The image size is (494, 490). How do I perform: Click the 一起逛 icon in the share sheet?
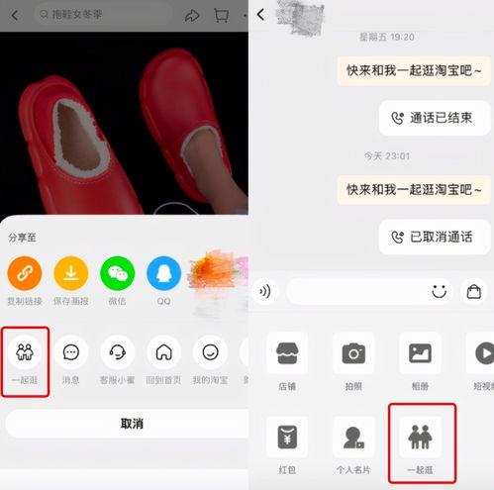coord(24,352)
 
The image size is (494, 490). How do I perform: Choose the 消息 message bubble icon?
coord(71,352)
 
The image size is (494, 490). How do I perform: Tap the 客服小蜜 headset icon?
coord(118,352)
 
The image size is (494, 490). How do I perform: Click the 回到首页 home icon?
coord(164,352)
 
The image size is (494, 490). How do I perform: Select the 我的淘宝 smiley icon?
coord(210,352)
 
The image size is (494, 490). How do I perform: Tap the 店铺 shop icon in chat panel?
coord(287,353)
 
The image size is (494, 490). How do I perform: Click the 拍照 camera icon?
coord(353,353)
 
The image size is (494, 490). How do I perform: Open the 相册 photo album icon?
coord(420,353)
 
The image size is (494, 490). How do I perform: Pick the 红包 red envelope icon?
coord(287,436)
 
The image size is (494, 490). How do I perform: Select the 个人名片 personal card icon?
coord(353,436)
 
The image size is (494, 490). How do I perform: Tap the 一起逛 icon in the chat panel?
coord(421,436)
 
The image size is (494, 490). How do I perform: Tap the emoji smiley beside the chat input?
coord(440,291)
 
